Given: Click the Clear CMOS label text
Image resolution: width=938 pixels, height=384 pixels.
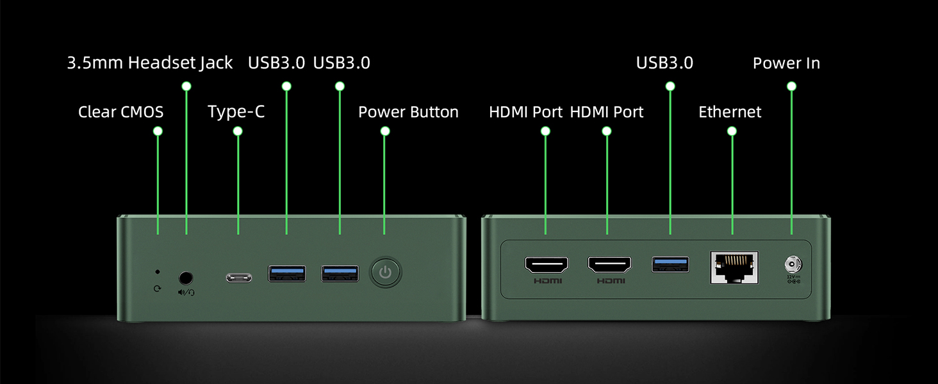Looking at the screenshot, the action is point(120,112).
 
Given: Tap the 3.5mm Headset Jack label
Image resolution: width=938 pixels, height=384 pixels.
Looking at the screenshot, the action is point(150,63).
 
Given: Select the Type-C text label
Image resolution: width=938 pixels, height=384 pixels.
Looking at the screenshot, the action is point(236,112).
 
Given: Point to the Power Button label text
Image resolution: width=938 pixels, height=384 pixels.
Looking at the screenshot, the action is point(408,112).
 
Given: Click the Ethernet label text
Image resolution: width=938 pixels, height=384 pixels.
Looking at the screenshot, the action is point(730,112).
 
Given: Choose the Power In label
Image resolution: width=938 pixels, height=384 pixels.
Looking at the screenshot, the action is point(786,63).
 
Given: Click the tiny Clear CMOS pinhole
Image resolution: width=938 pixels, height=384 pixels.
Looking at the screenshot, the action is point(158,272).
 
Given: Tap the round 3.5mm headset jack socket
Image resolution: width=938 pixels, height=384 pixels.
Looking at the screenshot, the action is point(186,278).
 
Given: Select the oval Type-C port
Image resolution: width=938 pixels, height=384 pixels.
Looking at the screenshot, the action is point(239,278).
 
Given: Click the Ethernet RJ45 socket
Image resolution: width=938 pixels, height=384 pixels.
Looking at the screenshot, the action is point(734,268).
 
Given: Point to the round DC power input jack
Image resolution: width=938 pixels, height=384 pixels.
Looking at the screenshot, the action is point(793,264).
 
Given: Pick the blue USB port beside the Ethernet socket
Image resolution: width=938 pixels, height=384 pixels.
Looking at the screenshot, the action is point(670,265).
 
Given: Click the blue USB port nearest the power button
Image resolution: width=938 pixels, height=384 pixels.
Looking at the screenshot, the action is point(340,273).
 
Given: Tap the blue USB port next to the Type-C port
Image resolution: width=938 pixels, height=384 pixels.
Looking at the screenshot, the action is point(287,273).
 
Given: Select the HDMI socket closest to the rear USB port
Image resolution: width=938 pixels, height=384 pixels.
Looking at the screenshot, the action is point(610,265).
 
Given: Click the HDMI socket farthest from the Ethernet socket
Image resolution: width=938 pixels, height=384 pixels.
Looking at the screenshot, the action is point(547,265).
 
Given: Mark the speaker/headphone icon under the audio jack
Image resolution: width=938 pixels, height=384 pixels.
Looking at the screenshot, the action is point(186,292).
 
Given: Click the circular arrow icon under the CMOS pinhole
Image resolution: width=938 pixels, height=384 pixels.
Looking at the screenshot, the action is point(158,289).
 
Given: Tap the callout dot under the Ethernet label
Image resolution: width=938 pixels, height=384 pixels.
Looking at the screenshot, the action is point(732,131).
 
